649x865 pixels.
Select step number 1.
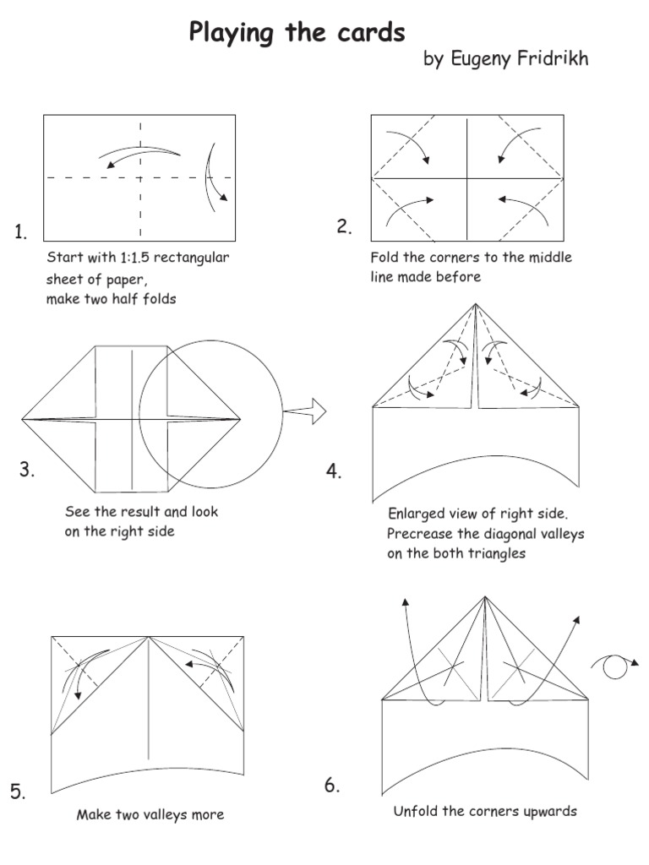(21, 233)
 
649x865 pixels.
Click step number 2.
(344, 226)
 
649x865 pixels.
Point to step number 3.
(27, 471)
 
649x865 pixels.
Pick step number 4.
(334, 472)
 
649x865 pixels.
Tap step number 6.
(332, 786)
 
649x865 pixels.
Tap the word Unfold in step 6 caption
(416, 811)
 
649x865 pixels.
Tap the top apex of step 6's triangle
(485, 597)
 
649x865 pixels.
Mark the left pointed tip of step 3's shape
(23, 418)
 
